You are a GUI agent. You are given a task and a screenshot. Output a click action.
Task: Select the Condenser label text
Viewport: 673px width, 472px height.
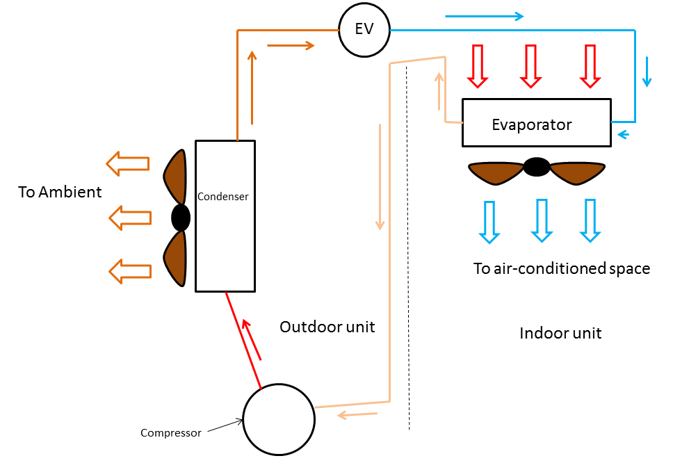click(x=222, y=197)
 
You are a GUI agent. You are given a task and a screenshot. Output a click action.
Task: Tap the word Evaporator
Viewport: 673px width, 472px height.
click(x=531, y=125)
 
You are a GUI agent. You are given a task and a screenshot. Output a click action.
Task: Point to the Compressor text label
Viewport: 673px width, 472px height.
click(x=171, y=433)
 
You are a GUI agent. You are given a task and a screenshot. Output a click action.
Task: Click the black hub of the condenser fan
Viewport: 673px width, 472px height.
click(x=181, y=218)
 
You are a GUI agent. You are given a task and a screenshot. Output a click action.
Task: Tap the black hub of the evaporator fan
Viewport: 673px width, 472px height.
click(x=537, y=167)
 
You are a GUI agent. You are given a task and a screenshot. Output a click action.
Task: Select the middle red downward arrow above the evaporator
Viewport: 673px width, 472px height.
click(x=531, y=66)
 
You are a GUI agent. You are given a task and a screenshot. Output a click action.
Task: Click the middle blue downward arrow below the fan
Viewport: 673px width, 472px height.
click(x=542, y=220)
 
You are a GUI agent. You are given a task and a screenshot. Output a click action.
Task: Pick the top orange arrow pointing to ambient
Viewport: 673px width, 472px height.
click(x=128, y=163)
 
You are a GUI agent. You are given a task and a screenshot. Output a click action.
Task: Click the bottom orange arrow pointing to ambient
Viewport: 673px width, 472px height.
click(x=130, y=271)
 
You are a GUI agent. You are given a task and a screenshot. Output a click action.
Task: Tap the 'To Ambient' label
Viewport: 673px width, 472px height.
click(x=60, y=192)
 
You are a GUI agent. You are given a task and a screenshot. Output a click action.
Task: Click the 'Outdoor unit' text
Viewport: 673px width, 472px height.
click(x=327, y=327)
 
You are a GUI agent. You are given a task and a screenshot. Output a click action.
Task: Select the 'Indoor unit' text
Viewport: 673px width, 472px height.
click(x=560, y=334)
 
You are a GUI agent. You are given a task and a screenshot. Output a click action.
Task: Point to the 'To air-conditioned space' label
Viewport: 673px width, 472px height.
click(x=561, y=268)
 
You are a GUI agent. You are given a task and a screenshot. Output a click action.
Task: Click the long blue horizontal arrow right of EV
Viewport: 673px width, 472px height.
click(x=485, y=16)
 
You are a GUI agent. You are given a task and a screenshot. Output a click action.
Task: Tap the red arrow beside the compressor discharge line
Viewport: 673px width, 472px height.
click(x=252, y=339)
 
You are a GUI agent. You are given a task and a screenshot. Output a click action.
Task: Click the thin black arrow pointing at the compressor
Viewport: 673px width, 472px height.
click(x=225, y=425)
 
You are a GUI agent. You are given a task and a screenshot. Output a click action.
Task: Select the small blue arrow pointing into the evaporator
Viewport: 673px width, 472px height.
click(x=623, y=135)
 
